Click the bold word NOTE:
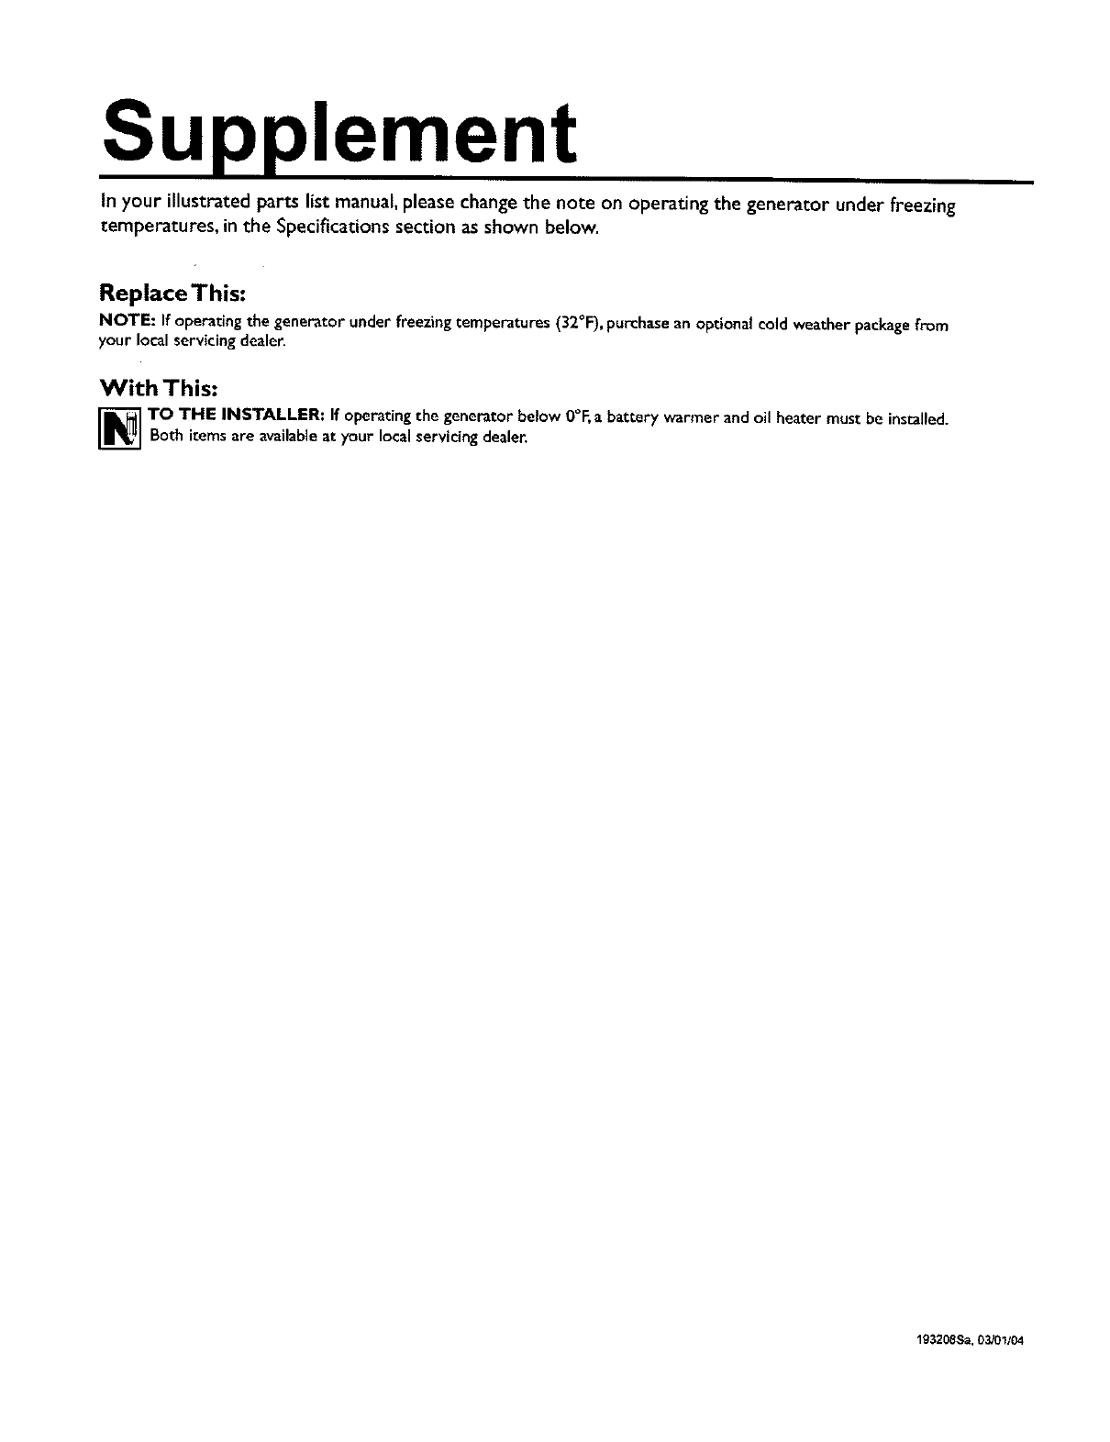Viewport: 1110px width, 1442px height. (128, 324)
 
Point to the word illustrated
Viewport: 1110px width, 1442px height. (201, 203)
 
